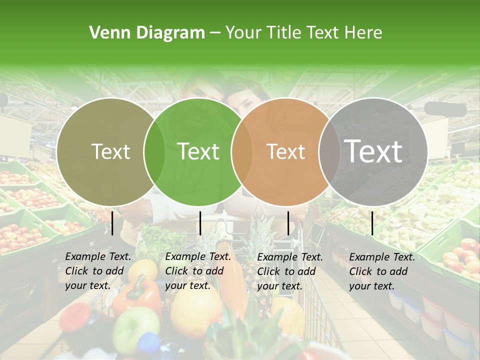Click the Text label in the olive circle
(110, 151)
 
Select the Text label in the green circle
(198, 151)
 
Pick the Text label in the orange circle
(285, 151)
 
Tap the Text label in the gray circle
(373, 151)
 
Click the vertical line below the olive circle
(112, 223)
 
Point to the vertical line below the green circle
(200, 223)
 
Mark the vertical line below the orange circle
(288, 223)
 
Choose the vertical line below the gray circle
(372, 223)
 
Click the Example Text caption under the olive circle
(98, 271)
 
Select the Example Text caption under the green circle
(198, 271)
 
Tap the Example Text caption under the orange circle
(290, 271)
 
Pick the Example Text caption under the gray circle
(382, 271)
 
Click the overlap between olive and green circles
(154, 151)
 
